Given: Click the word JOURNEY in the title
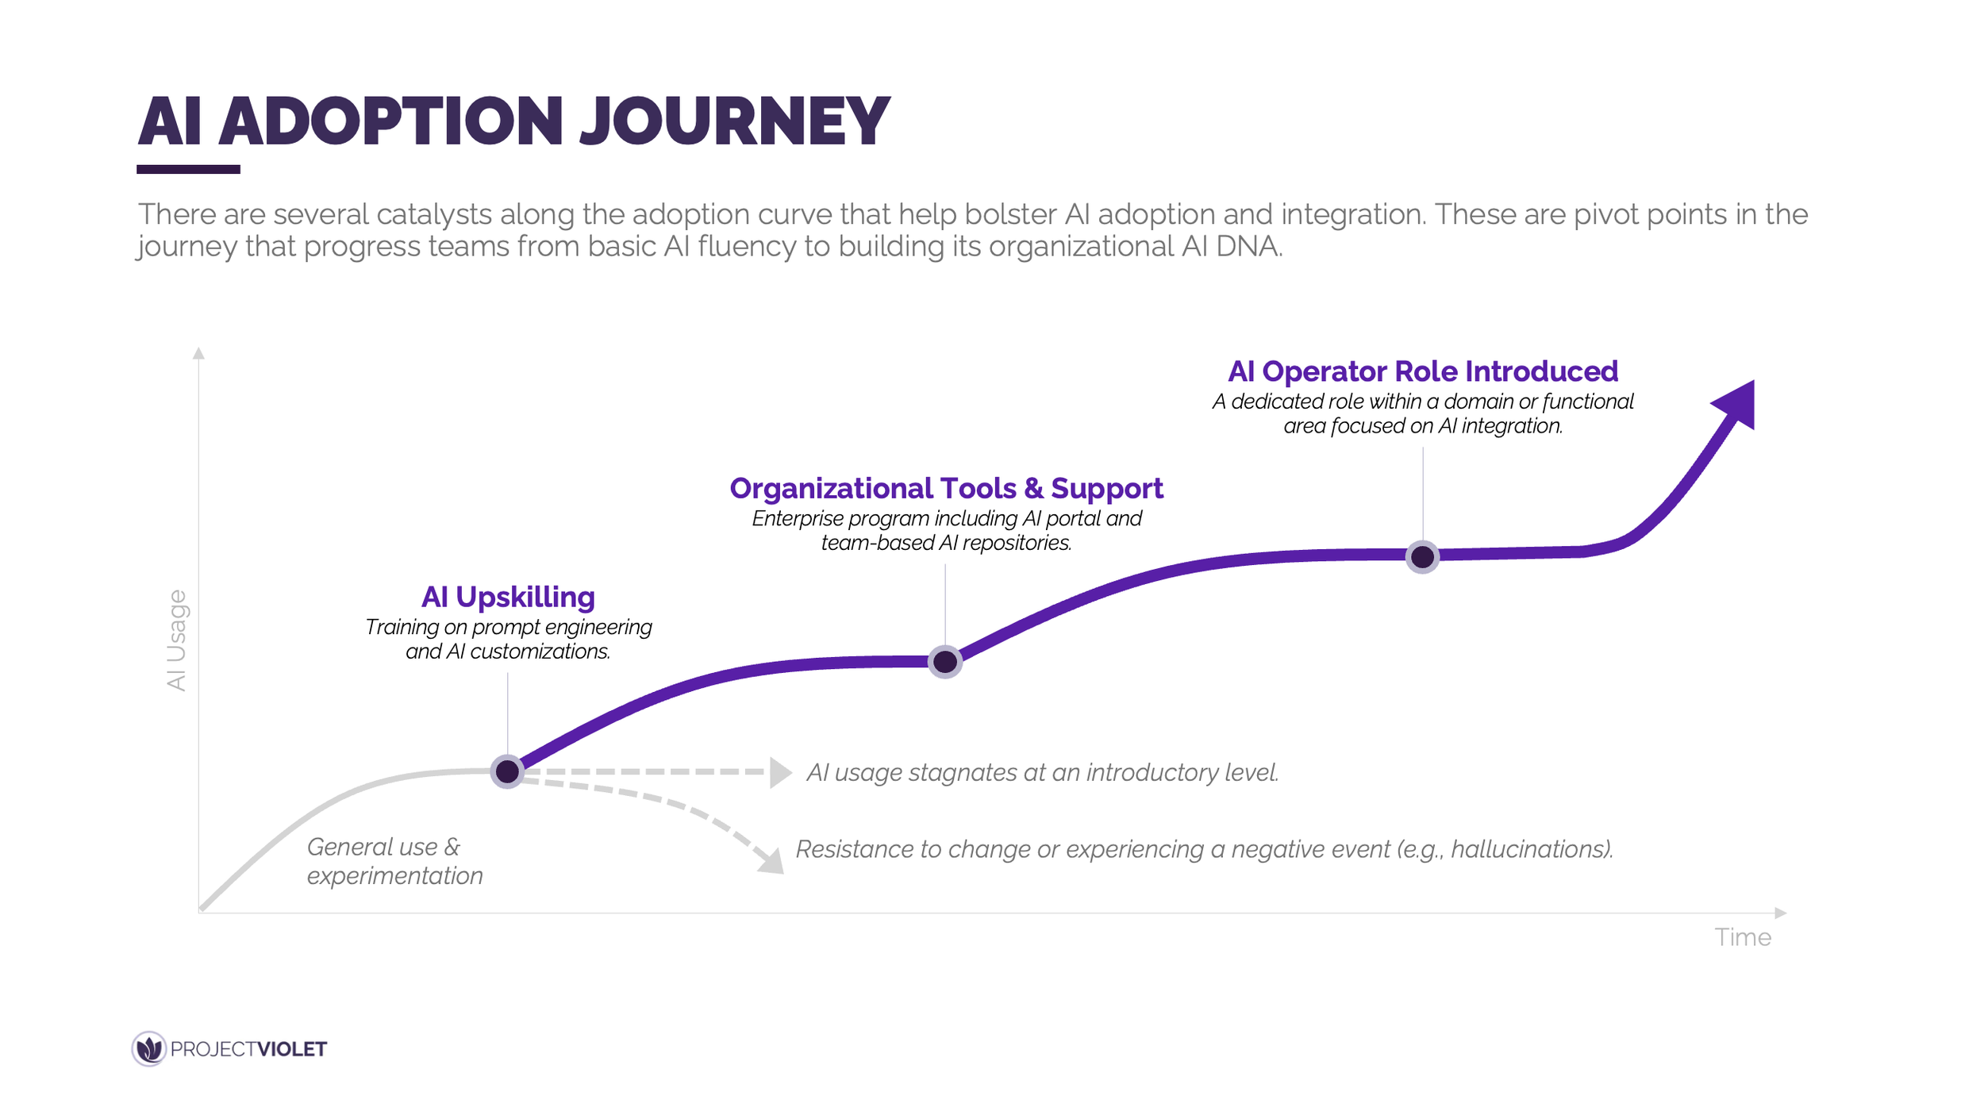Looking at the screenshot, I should (735, 121).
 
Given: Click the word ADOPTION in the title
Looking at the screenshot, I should (390, 121).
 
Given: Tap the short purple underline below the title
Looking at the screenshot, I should (188, 169).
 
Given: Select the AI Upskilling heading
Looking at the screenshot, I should (508, 597).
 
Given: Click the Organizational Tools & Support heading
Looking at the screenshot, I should (946, 488).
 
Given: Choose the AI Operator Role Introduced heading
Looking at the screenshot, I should (1422, 371).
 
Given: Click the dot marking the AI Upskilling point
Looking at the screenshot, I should (507, 771).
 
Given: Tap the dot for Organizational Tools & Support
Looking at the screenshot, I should (944, 661).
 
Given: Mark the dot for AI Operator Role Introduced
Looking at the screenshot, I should (1422, 556).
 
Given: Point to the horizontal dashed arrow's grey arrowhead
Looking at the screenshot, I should (780, 772).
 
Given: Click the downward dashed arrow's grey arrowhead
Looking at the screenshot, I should (772, 862).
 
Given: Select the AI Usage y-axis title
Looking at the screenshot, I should (176, 640).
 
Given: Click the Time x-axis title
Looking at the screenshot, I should (1742, 937).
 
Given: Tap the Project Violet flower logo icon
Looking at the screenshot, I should (148, 1049).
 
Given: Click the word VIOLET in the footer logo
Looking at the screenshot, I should (292, 1049).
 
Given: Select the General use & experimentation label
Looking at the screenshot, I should (394, 861).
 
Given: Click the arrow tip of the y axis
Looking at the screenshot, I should (198, 352).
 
